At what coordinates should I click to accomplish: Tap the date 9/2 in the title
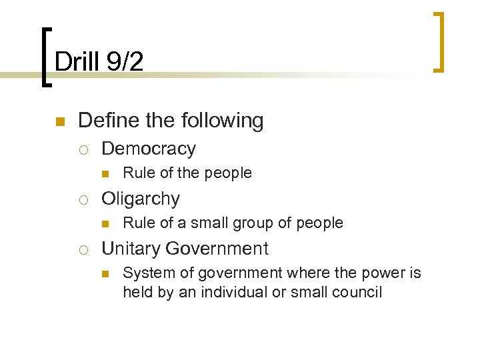124,61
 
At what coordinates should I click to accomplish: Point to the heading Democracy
148,148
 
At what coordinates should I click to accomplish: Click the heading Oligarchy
140,199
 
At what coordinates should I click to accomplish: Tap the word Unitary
131,249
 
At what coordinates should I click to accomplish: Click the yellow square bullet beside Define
59,121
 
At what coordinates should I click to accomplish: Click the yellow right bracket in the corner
439,41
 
